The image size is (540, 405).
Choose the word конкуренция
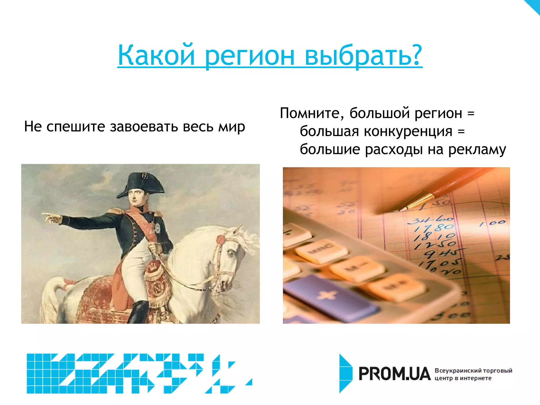(408, 132)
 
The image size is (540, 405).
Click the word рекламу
(477, 150)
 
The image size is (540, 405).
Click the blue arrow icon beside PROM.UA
(345, 373)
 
